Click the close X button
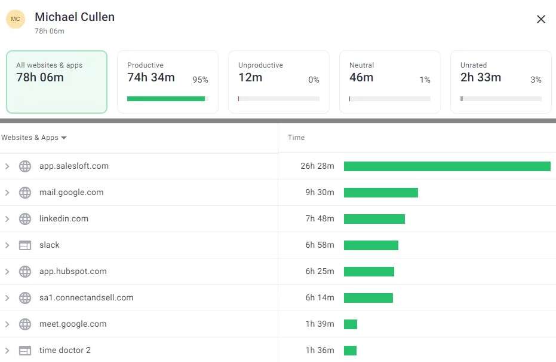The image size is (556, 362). (541, 19)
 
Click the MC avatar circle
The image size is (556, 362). (16, 19)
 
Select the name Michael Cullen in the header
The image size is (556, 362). (75, 17)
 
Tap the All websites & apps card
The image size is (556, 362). (57, 82)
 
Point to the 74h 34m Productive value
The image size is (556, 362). (151, 77)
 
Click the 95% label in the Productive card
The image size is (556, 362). (200, 80)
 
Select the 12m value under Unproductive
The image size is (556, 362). (250, 77)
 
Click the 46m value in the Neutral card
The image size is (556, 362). (361, 77)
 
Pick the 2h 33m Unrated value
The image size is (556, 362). (481, 77)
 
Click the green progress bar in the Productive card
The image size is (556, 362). (166, 99)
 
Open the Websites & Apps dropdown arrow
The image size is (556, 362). (64, 138)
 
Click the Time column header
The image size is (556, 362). (296, 138)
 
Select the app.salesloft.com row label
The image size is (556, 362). (74, 166)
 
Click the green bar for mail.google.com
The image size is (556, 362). (380, 193)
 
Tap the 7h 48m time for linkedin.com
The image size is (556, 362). (320, 218)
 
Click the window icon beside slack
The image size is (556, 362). (25, 245)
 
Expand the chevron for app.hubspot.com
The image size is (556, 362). (7, 272)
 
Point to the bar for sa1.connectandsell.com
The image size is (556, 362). (368, 298)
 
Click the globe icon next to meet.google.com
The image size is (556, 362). (25, 324)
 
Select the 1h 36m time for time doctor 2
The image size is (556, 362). (320, 350)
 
